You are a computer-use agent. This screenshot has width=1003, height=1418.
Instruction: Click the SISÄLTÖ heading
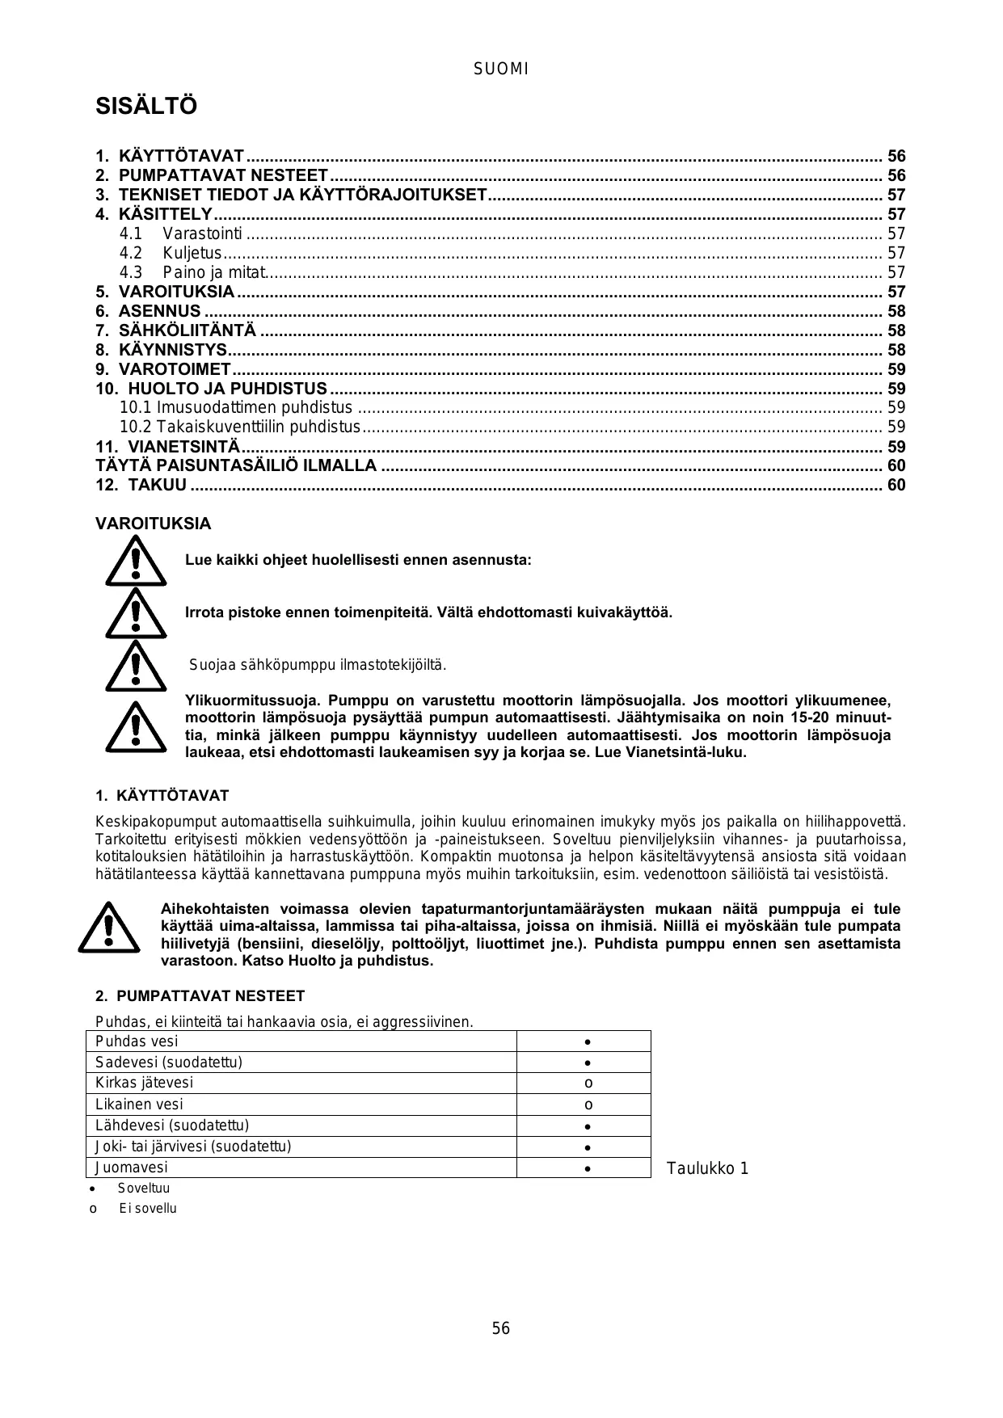pyautogui.click(x=146, y=107)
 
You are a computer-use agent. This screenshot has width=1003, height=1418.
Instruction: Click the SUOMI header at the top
pyautogui.click(x=500, y=69)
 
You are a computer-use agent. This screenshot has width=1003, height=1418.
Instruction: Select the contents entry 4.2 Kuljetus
pyautogui.click(x=192, y=253)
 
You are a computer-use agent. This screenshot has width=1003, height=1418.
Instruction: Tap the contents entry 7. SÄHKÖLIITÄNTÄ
pyautogui.click(x=188, y=330)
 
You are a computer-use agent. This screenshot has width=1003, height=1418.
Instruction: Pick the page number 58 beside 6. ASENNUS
pyautogui.click(x=896, y=311)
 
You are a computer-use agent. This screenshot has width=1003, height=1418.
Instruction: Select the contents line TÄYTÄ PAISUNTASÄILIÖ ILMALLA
pyautogui.click(x=236, y=466)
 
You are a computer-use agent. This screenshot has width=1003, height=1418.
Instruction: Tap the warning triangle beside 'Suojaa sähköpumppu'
pyautogui.click(x=136, y=666)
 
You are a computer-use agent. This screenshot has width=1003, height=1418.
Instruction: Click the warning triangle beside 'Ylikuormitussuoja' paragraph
pyautogui.click(x=136, y=726)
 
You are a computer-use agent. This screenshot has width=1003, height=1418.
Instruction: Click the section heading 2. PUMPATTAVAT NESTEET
pyautogui.click(x=200, y=996)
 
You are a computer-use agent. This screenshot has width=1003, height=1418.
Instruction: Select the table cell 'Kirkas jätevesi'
pyautogui.click(x=145, y=1083)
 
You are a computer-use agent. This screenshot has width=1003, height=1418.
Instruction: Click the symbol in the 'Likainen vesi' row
pyautogui.click(x=588, y=1105)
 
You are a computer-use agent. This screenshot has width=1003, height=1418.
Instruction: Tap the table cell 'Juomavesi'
pyautogui.click(x=132, y=1168)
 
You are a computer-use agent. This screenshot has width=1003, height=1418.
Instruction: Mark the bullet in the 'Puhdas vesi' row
pyautogui.click(x=588, y=1042)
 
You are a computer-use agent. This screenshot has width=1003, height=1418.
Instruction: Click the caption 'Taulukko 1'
pyautogui.click(x=707, y=1169)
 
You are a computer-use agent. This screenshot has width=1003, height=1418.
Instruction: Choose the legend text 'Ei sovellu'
pyautogui.click(x=148, y=1209)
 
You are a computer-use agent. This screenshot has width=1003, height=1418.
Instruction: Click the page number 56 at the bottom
pyautogui.click(x=501, y=1329)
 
